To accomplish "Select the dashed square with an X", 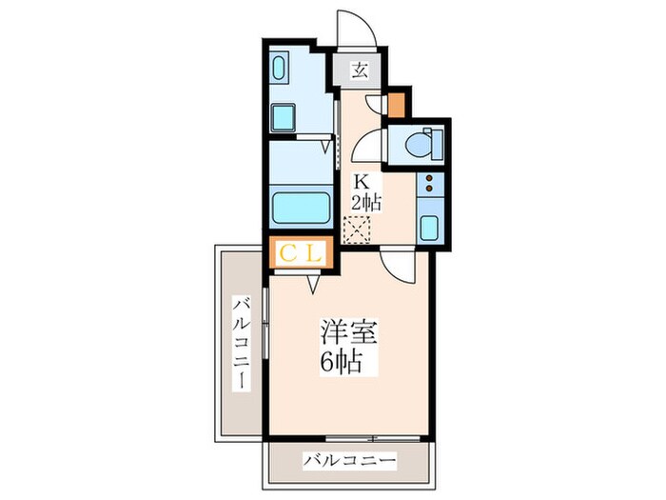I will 357,230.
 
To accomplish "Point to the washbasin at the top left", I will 283,69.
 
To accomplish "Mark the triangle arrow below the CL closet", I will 313,281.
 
